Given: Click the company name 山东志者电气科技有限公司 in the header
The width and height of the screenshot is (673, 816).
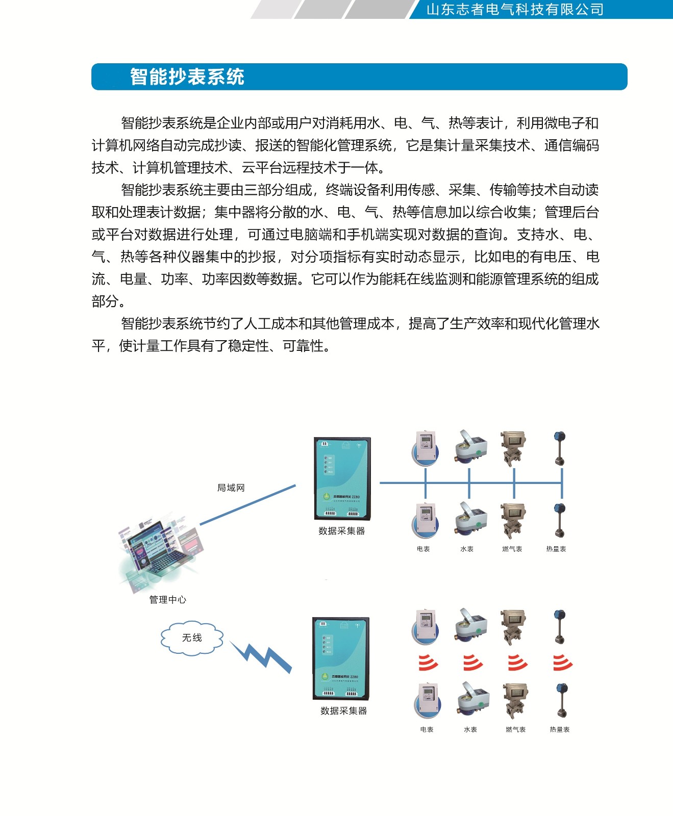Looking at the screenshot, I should (515, 10).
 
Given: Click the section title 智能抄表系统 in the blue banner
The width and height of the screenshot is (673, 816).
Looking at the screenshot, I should (187, 77).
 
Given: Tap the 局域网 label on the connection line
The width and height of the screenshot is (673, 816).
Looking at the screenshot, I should (231, 488).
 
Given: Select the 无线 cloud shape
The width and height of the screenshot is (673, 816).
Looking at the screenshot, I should (192, 638).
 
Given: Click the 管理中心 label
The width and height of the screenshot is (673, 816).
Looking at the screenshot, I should (167, 600).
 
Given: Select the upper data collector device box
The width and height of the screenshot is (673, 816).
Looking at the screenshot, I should (342, 478).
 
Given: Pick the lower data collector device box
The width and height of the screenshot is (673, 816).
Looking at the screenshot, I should (341, 658).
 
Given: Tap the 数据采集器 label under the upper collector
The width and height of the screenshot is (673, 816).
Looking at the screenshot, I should (341, 531).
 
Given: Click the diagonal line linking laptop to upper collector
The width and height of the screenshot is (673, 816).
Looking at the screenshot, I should (248, 505).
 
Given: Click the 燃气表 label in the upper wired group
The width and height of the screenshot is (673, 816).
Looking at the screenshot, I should (512, 549).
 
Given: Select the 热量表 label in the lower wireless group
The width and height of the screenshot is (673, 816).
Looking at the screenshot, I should (559, 730).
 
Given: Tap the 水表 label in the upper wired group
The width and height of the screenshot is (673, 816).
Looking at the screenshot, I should (467, 549).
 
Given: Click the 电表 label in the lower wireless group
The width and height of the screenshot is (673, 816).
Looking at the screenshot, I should (427, 730).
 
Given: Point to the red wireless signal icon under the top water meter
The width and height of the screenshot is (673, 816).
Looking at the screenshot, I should (472, 662).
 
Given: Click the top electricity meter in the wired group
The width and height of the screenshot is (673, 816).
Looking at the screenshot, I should (426, 448).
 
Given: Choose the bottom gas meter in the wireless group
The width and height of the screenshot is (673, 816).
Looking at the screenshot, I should (515, 701).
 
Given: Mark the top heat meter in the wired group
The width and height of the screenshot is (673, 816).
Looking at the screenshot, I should (560, 448).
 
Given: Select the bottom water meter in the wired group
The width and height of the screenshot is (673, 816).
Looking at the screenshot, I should (470, 520).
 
